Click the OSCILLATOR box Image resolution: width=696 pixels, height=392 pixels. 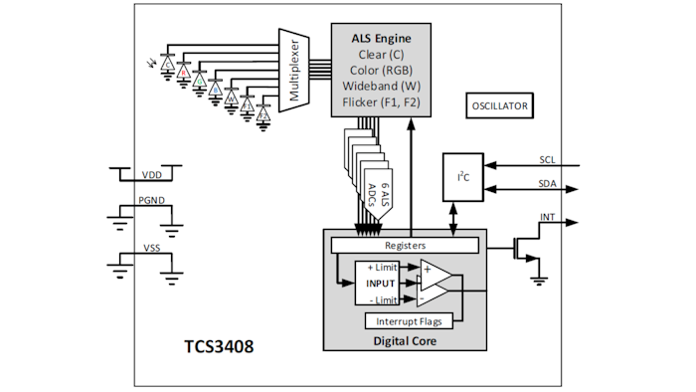[500, 105]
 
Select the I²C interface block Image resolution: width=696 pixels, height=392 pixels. [462, 176]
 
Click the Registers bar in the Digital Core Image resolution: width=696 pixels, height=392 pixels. [405, 244]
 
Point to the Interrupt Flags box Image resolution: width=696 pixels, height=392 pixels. [411, 320]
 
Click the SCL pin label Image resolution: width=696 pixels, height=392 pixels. [548, 159]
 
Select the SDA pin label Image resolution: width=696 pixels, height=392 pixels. [548, 184]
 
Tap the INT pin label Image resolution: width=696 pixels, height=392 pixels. [548, 217]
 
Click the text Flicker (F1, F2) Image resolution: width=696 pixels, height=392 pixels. [381, 101]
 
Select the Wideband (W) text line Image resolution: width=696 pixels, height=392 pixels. [381, 86]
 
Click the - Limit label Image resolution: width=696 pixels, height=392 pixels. [382, 299]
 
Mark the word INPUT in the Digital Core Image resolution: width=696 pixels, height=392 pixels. [382, 284]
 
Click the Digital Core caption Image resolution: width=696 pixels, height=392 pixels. [405, 340]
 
